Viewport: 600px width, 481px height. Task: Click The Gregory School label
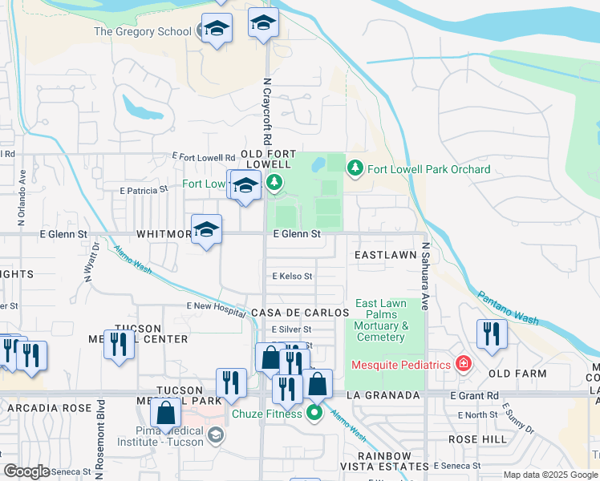tap(143, 32)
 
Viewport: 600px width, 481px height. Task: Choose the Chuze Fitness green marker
tap(314, 414)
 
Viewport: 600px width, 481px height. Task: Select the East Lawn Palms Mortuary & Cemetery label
tap(381, 320)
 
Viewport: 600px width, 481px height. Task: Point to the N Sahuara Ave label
tap(426, 277)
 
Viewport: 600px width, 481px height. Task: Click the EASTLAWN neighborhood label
tap(384, 254)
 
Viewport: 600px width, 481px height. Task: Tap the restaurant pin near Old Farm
tap(490, 333)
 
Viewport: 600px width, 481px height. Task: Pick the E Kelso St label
tap(292, 276)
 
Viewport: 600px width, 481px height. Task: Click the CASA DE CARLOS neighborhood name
tap(291, 312)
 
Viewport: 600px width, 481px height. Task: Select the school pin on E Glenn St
tap(207, 230)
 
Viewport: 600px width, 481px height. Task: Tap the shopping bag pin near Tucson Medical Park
tap(166, 414)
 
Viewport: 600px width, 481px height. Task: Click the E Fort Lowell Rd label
tap(204, 157)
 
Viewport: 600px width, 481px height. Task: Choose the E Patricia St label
tap(144, 191)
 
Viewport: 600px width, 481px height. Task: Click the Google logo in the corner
tap(26, 471)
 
